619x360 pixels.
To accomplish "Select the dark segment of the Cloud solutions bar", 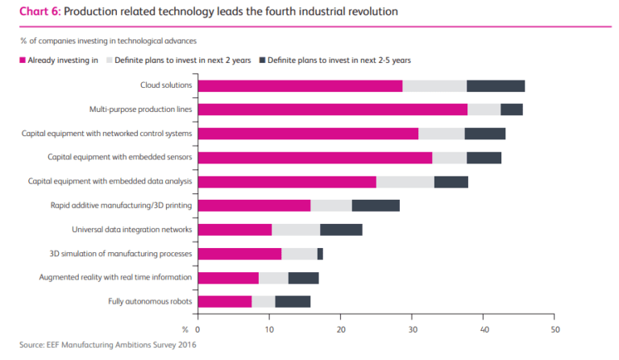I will click(x=496, y=86).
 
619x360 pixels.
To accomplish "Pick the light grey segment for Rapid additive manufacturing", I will click(x=331, y=205).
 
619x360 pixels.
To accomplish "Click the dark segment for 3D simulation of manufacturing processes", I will click(x=320, y=254).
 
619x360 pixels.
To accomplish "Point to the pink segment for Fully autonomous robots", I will click(x=225, y=301).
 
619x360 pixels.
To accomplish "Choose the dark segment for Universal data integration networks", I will click(x=341, y=230).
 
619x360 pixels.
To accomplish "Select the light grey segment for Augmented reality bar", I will click(x=273, y=278).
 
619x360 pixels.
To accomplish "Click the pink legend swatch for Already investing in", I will click(x=23, y=60).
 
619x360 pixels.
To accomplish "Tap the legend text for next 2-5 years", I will click(x=318, y=60).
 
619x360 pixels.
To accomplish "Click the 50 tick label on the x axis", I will click(x=555, y=329).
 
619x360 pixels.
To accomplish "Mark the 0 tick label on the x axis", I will click(x=197, y=329).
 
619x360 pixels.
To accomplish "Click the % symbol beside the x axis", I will click(x=185, y=329).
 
